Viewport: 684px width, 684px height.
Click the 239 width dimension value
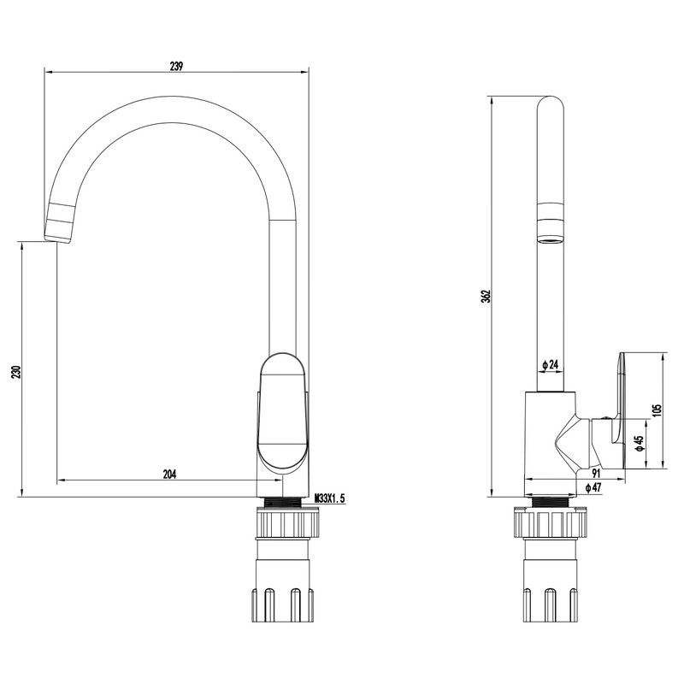[x=176, y=66]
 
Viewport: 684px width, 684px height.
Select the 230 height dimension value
[x=16, y=372]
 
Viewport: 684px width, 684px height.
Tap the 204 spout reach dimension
[x=169, y=474]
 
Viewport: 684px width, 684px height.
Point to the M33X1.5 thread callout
[x=330, y=498]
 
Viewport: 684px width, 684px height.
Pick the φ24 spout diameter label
[x=551, y=365]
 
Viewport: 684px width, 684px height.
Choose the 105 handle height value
[x=657, y=410]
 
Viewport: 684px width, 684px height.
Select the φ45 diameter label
[x=640, y=443]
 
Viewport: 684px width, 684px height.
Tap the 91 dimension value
[x=596, y=473]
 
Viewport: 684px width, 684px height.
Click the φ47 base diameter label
[x=593, y=487]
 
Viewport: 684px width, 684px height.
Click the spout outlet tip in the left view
[x=57, y=239]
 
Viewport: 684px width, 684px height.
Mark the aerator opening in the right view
[x=550, y=239]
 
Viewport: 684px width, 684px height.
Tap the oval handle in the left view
[x=284, y=414]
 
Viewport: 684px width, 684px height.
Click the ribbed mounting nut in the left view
[x=288, y=523]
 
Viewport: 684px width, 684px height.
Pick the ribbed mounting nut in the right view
[x=551, y=523]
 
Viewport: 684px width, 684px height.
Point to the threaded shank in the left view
[x=284, y=502]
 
